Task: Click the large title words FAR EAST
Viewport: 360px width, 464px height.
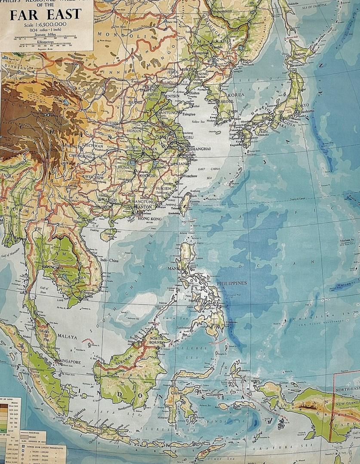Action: point(46,14)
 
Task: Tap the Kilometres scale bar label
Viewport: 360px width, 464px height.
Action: point(46,42)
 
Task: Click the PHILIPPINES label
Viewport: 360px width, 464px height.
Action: point(232,283)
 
